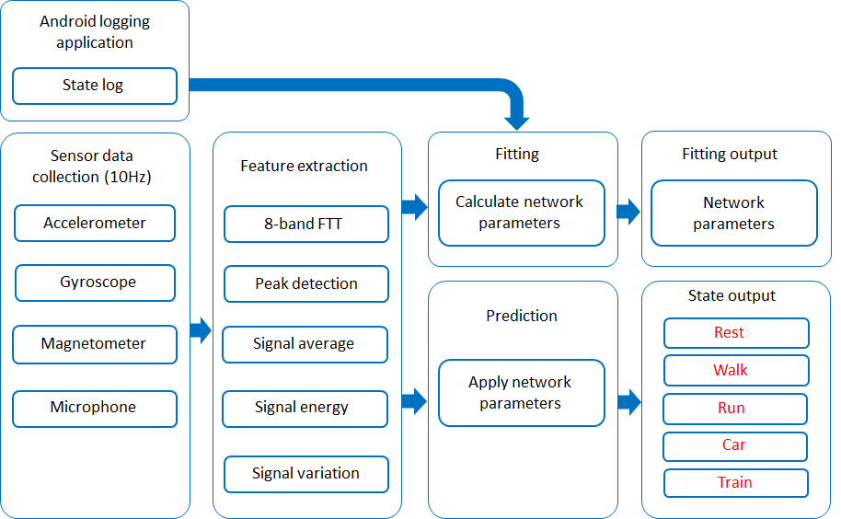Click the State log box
(x=94, y=86)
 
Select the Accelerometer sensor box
(x=95, y=223)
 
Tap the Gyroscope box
(x=95, y=283)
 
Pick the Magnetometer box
(x=94, y=344)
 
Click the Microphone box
(x=94, y=408)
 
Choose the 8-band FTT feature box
(x=305, y=224)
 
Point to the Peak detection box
(x=305, y=283)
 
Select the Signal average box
(x=305, y=344)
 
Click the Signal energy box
(x=305, y=408)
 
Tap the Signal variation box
(x=305, y=474)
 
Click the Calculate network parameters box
(x=521, y=213)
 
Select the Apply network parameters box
(x=521, y=393)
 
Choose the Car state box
(x=734, y=445)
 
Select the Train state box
(x=734, y=483)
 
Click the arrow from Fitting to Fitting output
(x=628, y=213)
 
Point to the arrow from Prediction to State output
(x=629, y=401)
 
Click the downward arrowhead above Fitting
(x=517, y=119)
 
